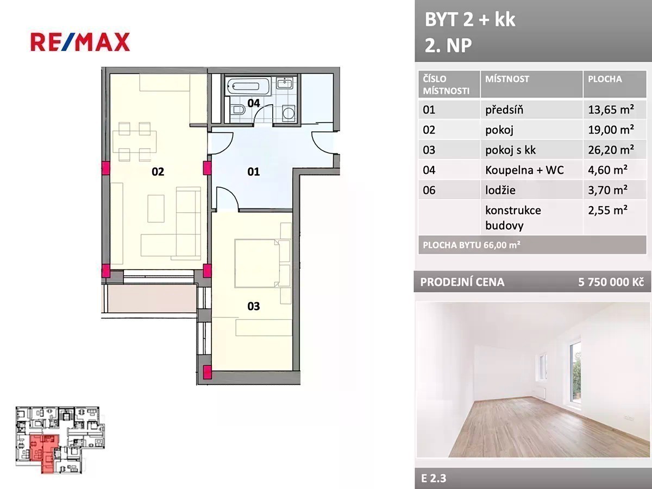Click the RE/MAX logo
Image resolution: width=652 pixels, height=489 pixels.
coord(80,42)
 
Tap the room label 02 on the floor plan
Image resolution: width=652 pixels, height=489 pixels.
coord(158,172)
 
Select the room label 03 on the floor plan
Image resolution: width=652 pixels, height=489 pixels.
coord(253,306)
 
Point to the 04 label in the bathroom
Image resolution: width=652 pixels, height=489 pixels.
coord(253,103)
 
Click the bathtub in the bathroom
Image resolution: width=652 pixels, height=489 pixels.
coord(248,86)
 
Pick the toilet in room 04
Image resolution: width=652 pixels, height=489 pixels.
coord(238,110)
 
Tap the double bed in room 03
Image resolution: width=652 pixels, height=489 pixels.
coord(257,263)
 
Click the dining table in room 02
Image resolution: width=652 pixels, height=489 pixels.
coord(135,141)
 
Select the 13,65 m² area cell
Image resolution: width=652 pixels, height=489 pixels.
coord(611,110)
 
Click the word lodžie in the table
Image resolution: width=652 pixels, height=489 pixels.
coord(500,190)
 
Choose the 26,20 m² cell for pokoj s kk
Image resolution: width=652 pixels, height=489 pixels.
coord(611,150)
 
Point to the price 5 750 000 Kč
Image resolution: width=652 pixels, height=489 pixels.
coord(611,282)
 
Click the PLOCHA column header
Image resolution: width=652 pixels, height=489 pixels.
coord(605,79)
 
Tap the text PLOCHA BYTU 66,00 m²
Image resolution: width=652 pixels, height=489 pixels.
coord(472,245)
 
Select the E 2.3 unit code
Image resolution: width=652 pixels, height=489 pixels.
coord(434,478)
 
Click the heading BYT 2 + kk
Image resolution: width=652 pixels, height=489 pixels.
coord(470,20)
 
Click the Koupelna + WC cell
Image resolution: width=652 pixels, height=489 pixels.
coord(524,170)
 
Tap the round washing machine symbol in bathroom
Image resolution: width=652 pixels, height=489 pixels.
coord(288,112)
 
